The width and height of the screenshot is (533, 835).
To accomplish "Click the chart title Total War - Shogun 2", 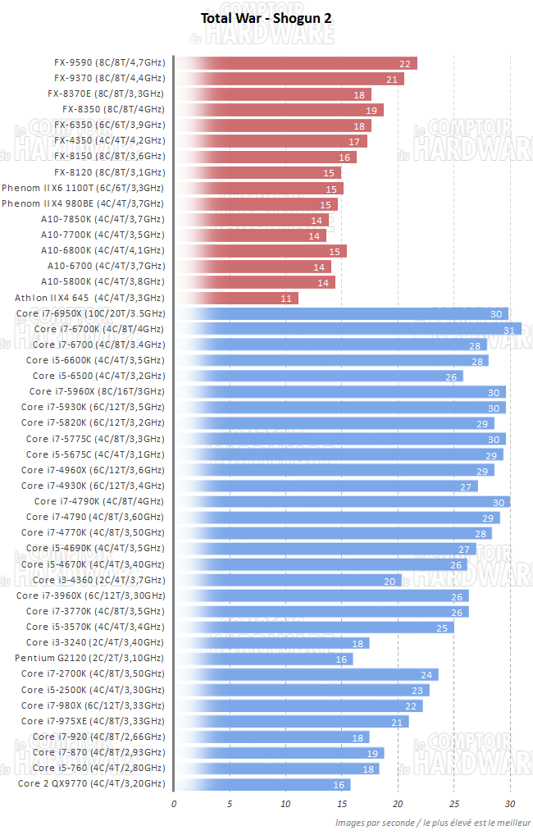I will tap(266, 17).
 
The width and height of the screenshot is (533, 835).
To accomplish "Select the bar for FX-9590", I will tap(295, 63).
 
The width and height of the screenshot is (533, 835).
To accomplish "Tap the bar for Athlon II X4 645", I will tap(236, 298).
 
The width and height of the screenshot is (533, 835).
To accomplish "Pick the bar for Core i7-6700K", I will tap(347, 329).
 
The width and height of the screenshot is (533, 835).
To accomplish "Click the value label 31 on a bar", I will tap(508, 329).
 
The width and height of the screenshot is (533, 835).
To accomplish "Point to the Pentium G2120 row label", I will tap(89, 658).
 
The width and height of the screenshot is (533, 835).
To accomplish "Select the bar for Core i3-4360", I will tap(287, 580).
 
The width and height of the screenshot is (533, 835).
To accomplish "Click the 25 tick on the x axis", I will tap(453, 803).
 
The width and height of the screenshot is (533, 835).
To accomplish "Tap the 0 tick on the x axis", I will tap(174, 803).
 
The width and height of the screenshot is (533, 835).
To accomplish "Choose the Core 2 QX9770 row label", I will tap(90, 783).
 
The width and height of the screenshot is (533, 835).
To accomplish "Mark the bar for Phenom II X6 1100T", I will tap(258, 188).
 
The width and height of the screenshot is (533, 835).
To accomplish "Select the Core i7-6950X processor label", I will tap(90, 313).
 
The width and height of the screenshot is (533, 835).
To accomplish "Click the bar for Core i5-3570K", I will tap(313, 627).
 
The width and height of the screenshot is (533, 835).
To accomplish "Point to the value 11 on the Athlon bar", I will tap(286, 299).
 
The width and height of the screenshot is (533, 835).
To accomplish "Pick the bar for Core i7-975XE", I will tap(291, 721).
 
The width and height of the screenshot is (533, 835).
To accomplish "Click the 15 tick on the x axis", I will tap(342, 803).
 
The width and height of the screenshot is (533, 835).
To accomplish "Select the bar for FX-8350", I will tap(279, 110).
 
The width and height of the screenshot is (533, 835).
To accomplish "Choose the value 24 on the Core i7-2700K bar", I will tap(426, 674).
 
